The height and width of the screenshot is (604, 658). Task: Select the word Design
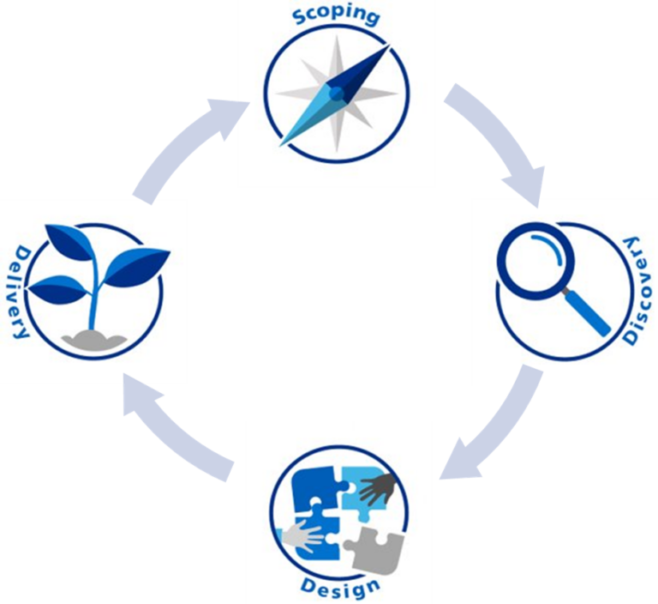[x=340, y=589]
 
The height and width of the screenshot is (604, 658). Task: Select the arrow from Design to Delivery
[x=171, y=429]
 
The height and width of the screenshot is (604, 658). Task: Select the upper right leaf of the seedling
[x=137, y=262]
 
